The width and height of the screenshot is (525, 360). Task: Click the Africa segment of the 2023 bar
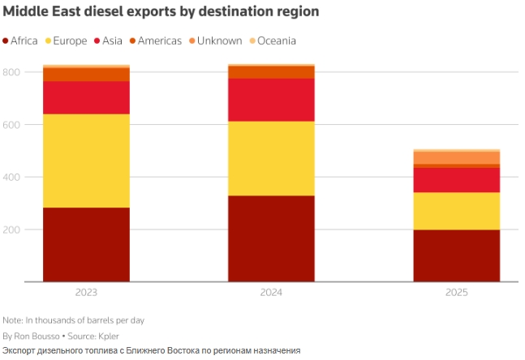86,244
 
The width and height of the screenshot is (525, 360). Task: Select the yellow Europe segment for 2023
86,161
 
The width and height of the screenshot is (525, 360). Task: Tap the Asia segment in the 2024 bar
271,100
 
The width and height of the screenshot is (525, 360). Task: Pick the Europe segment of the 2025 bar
456,211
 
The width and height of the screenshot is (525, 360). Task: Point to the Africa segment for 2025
456,255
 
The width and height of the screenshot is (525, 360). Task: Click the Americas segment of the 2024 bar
271,72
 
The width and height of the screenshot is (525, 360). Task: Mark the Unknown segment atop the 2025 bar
456,157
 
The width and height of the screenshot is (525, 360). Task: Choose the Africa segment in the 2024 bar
271,238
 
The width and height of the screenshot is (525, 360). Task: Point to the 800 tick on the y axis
11,72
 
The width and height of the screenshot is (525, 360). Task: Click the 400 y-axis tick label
11,177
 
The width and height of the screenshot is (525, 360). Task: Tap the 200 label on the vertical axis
11,229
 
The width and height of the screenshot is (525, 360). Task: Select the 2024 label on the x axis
271,291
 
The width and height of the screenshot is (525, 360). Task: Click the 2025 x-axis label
456,291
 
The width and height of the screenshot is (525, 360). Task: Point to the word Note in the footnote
12,319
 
